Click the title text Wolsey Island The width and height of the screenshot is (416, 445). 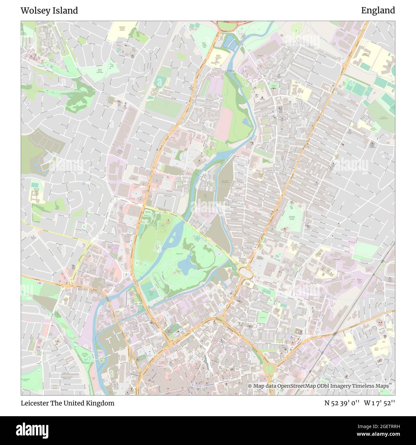click(x=49, y=11)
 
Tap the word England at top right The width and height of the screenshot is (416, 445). click(x=378, y=11)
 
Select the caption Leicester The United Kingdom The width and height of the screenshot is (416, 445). click(x=68, y=403)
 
